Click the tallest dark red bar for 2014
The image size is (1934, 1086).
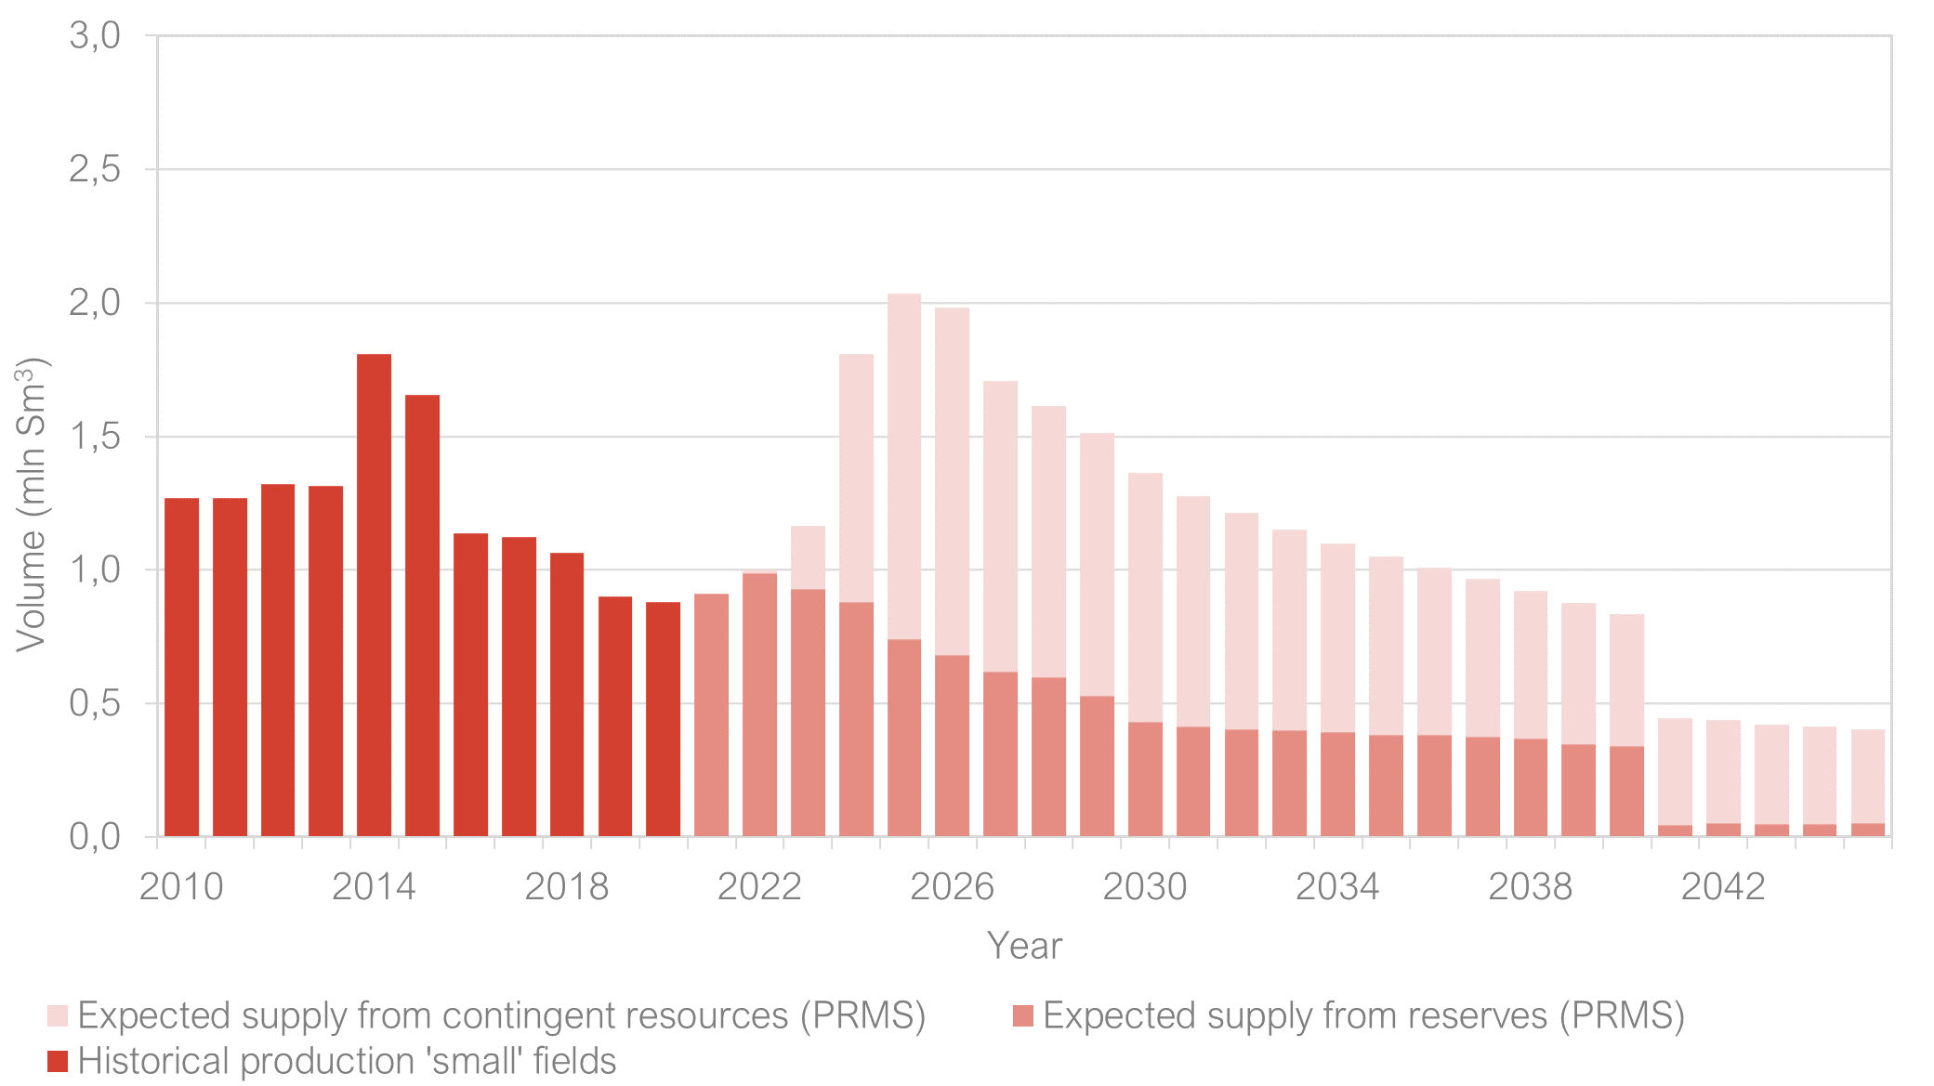[x=374, y=595]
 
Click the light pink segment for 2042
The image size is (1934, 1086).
[x=1723, y=771]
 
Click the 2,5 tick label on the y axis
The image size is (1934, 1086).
[x=95, y=169]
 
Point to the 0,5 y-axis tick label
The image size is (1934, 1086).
[x=95, y=703]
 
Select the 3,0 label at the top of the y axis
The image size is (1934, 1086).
[x=95, y=36]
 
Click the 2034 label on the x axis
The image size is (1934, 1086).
[x=1337, y=887]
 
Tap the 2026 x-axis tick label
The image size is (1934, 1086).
[x=952, y=887]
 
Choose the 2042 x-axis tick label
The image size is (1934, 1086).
[x=1723, y=887]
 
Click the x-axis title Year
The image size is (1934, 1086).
[x=1024, y=946]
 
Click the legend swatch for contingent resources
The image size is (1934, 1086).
[x=58, y=1015]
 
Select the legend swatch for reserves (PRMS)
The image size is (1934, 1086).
[x=1023, y=1015]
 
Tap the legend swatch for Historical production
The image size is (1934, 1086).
[x=58, y=1061]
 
